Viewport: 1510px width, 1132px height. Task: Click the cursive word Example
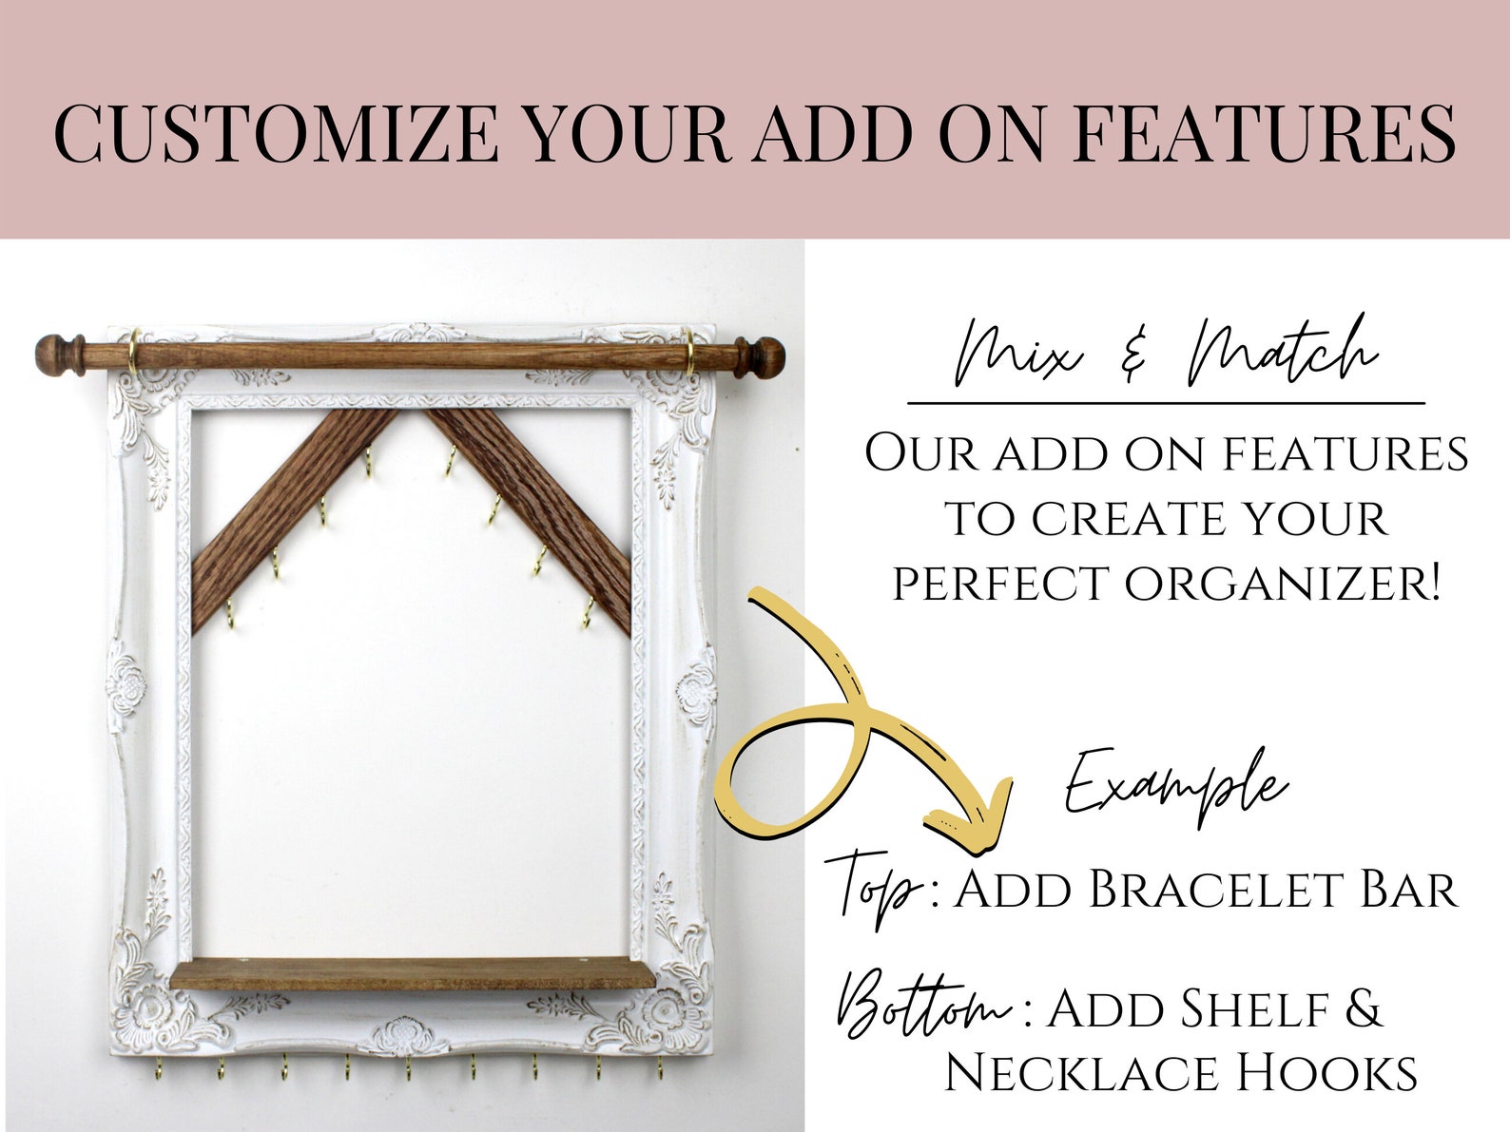coord(1175,785)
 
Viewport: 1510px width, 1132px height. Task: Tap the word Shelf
coord(1237,1009)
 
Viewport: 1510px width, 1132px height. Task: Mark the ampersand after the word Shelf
coord(1364,1009)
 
